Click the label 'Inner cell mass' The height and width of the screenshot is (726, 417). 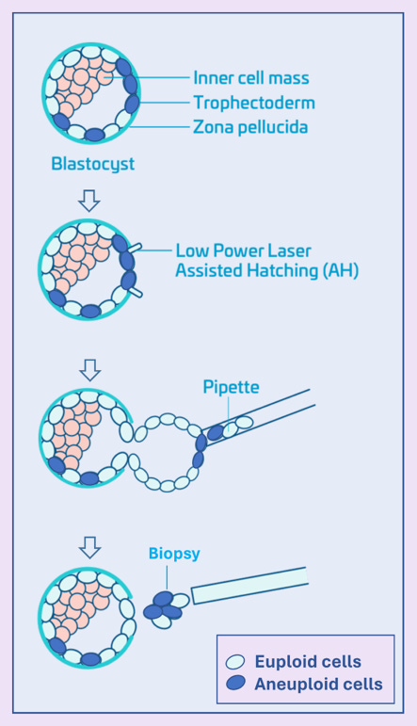[x=250, y=78]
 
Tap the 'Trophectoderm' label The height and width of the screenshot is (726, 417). [x=253, y=102]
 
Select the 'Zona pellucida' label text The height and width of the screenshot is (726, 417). [x=249, y=126]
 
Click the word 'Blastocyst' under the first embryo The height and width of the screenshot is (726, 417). [x=92, y=164]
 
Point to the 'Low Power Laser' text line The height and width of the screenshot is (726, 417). [x=243, y=251]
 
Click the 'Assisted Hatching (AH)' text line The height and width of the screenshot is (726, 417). [x=267, y=271]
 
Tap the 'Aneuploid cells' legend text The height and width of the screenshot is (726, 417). [x=318, y=685]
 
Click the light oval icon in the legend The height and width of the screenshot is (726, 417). [x=236, y=663]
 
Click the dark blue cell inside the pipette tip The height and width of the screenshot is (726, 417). [x=216, y=431]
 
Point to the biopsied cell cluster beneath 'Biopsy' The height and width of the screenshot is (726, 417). [x=165, y=609]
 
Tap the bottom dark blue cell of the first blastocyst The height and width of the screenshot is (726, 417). [x=94, y=135]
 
